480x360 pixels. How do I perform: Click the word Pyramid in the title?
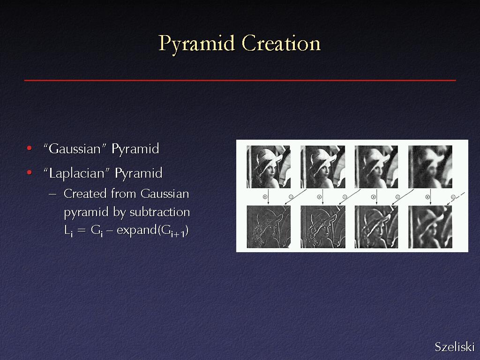coord(196,44)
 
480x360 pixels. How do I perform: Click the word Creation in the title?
coord(281,43)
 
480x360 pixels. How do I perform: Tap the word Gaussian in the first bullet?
coord(75,149)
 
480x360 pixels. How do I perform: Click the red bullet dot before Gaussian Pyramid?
coord(30,149)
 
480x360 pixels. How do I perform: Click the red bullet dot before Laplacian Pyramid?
coord(30,172)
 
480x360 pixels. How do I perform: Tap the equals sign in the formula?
coord(82,231)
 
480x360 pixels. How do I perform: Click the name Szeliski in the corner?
coord(455,347)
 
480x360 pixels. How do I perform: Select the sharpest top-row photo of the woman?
coord(269,167)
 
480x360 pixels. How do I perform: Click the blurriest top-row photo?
coord(430,167)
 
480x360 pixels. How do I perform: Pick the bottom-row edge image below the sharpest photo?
coord(269,227)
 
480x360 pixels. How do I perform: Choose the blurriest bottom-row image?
coord(430,227)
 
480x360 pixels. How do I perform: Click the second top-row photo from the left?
coord(322,167)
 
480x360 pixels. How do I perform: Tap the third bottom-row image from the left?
coord(376,227)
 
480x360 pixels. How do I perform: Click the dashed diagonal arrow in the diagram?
coord(456,199)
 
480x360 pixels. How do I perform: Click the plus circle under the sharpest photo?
coord(265,197)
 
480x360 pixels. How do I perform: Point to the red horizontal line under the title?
coord(240,80)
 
